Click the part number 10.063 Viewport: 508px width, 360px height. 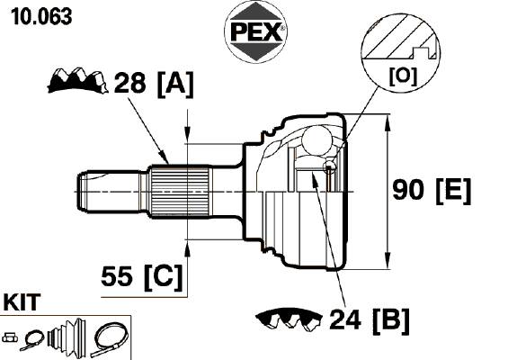point(41,17)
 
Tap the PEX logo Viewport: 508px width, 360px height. point(255,31)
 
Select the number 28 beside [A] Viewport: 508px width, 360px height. point(129,83)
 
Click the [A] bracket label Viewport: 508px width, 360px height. point(175,84)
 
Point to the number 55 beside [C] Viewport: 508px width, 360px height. point(117,276)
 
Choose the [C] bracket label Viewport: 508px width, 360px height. point(164,277)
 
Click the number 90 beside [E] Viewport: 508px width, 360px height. point(408,190)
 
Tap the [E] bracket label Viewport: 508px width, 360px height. point(453,191)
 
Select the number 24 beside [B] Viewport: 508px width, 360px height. point(345,319)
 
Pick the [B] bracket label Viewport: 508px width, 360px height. point(391,320)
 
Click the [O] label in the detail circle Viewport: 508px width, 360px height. point(403,76)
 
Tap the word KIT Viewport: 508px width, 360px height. point(22,302)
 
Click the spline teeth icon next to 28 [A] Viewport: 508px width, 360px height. point(77,80)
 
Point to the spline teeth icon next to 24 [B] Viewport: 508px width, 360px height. point(289,319)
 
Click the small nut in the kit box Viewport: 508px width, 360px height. point(10,337)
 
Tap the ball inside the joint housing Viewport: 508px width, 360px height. point(316,140)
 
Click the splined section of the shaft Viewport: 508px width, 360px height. point(180,192)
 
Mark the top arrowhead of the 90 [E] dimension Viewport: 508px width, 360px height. point(387,124)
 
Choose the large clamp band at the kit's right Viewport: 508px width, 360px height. point(111,339)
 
